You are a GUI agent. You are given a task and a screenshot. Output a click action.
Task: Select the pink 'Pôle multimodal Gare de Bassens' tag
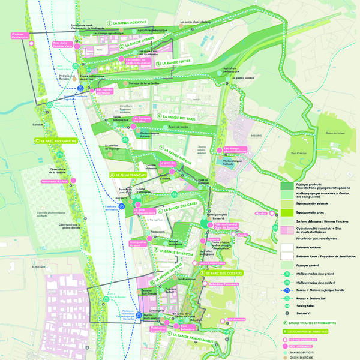point(226,226)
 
